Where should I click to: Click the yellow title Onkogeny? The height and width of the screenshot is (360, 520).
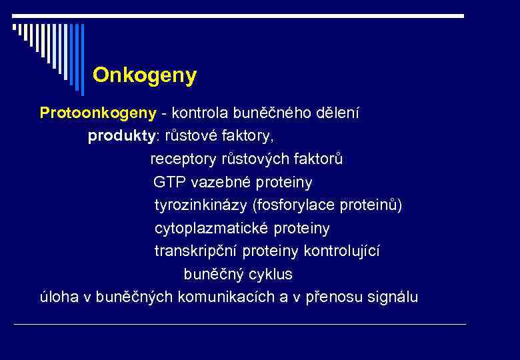click(145, 75)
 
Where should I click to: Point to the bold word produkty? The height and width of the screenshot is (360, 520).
click(120, 137)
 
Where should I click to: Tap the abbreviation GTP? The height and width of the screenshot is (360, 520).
click(168, 183)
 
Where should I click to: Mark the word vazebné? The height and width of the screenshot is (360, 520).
click(216, 183)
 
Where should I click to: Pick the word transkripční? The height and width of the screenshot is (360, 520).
click(196, 251)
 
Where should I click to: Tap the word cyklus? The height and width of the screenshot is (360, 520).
click(270, 275)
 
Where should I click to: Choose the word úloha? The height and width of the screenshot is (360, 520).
click(58, 297)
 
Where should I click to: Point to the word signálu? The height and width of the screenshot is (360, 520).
click(393, 297)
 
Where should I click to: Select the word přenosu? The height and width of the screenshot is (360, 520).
click(331, 297)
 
